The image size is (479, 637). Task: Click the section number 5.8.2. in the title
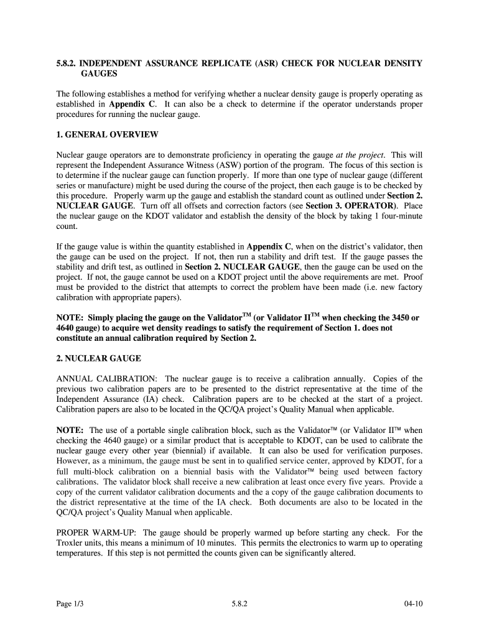point(67,63)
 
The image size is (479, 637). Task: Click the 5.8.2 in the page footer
point(239,603)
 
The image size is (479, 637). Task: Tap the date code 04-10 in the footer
point(412,603)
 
